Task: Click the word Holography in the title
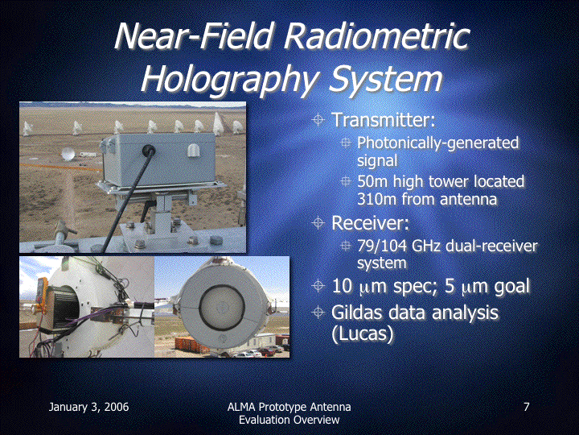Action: coord(229,79)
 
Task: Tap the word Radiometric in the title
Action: coord(377,36)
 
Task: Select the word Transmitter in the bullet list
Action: coord(384,119)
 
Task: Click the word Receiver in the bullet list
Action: coord(370,223)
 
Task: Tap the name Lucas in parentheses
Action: coord(362,333)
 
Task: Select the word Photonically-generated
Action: coord(438,143)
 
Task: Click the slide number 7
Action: coord(527,407)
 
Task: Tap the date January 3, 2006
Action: coord(89,408)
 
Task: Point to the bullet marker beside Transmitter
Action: coord(318,120)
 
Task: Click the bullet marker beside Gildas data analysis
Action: coord(318,313)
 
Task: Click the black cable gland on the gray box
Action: coord(149,150)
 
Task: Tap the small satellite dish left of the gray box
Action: coord(68,154)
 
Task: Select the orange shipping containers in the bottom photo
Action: coord(190,345)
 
